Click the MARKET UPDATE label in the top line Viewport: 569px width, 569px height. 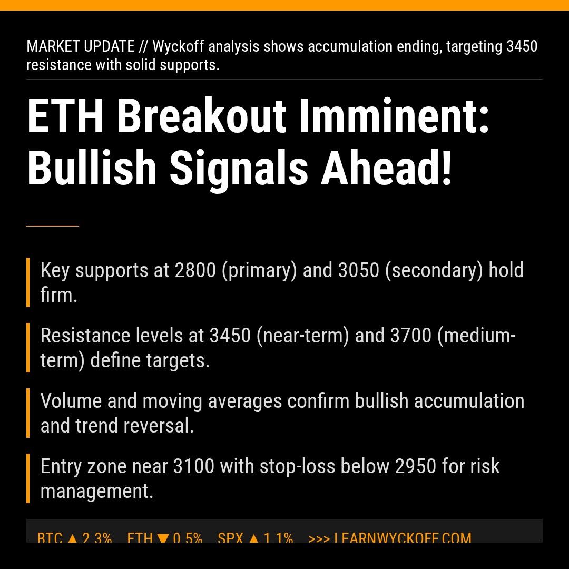pyautogui.click(x=81, y=46)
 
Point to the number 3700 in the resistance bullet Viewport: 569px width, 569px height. pyautogui.click(x=411, y=336)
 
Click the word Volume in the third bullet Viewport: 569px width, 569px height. pyautogui.click(x=71, y=401)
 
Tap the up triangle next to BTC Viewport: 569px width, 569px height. pyautogui.click(x=73, y=538)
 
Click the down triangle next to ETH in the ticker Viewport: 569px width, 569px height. pyautogui.click(x=163, y=538)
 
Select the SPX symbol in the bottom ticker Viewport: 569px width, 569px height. pyautogui.click(x=231, y=538)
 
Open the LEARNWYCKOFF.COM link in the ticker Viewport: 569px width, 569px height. pyautogui.click(x=403, y=538)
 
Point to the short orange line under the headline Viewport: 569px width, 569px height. pyautogui.click(x=53, y=226)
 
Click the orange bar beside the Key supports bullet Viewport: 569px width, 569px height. pyautogui.click(x=28, y=282)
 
